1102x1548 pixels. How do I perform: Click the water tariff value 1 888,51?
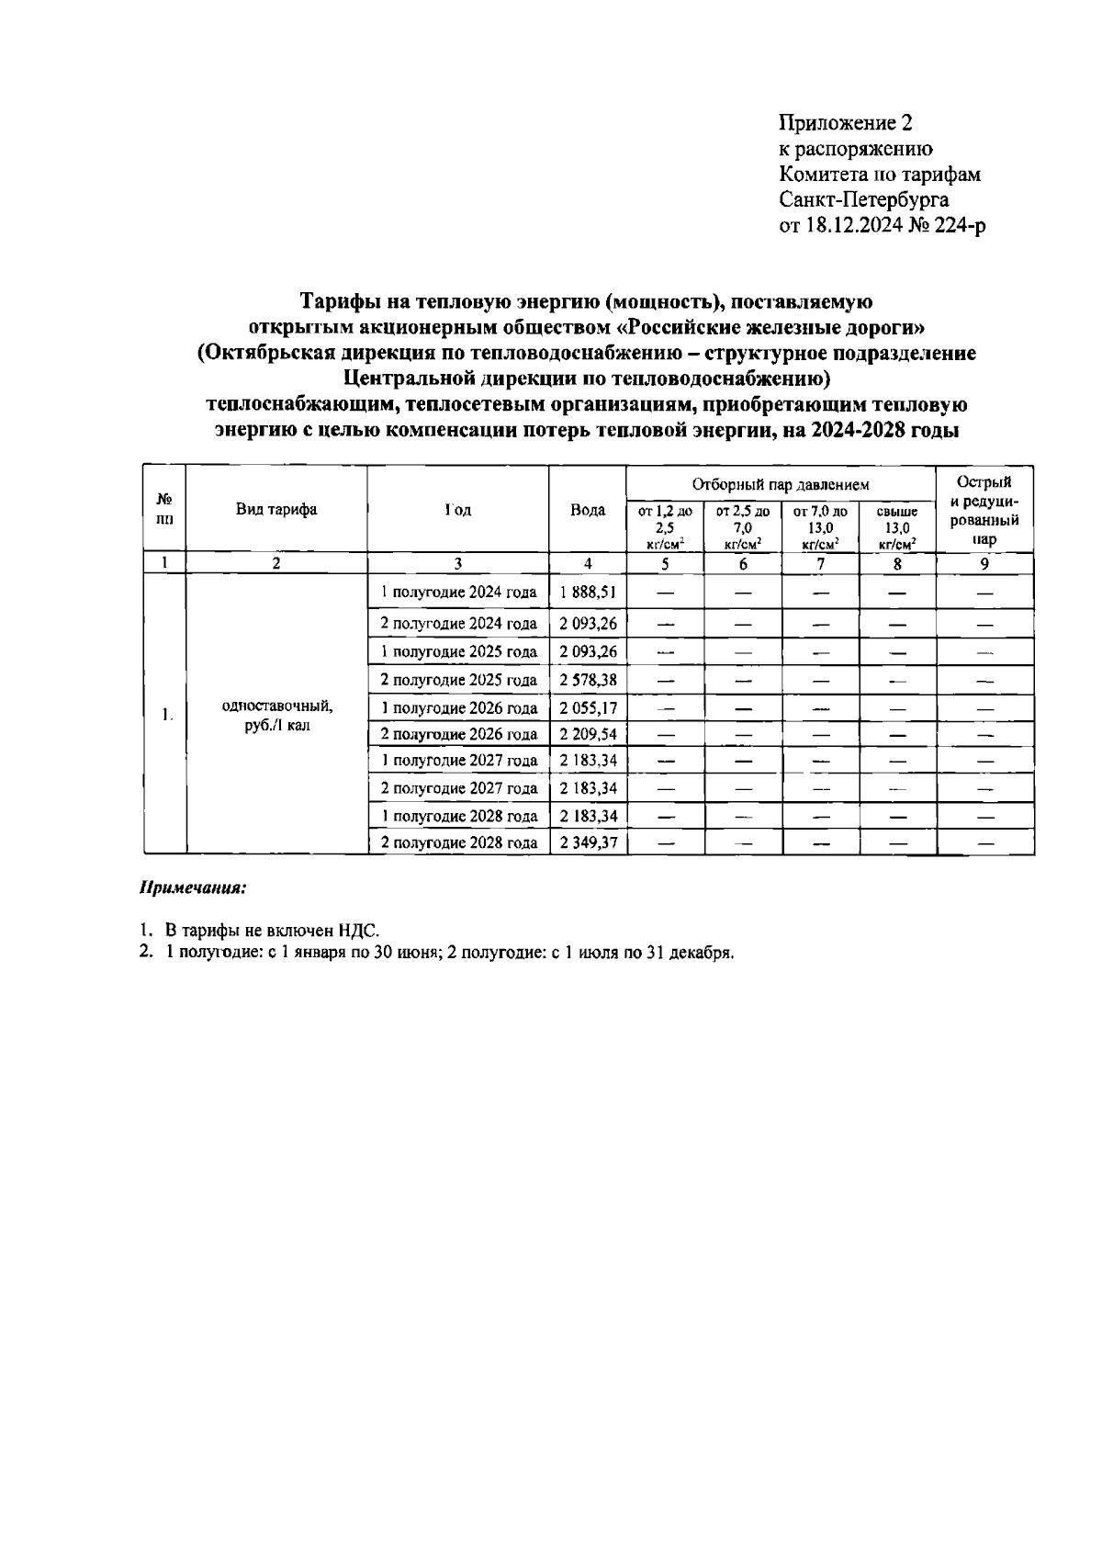tap(588, 593)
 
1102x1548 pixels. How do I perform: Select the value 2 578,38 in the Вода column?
tap(588, 681)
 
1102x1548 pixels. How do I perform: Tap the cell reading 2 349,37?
tap(588, 842)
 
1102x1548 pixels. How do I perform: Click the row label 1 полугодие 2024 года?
tap(458, 593)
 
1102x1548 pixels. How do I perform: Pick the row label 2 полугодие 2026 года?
tap(458, 735)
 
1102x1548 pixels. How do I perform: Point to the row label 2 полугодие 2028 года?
tap(458, 842)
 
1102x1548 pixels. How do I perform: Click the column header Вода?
tap(588, 510)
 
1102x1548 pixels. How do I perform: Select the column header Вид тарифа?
tap(276, 510)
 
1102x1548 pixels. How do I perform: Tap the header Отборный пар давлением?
tap(780, 484)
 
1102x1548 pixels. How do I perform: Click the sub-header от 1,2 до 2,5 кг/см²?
tap(665, 527)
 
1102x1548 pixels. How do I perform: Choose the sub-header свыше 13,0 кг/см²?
tap(896, 527)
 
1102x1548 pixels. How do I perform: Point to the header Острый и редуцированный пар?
tap(984, 510)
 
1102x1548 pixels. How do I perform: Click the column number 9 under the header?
tap(984, 565)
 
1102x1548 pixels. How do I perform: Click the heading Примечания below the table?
tap(194, 889)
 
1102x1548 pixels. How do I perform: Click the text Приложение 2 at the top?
tap(846, 123)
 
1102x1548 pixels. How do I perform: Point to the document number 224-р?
tap(961, 225)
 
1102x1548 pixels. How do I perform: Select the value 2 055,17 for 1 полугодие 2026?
tap(588, 708)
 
